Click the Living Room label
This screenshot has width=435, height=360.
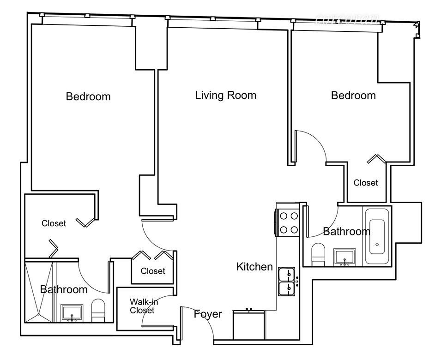pyautogui.click(x=225, y=96)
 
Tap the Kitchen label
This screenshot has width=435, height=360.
pyautogui.click(x=254, y=266)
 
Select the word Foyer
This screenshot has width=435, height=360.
pyautogui.click(x=208, y=314)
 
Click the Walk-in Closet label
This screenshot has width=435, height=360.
pyautogui.click(x=142, y=306)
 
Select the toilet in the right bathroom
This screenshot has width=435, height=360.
pyautogui.click(x=319, y=255)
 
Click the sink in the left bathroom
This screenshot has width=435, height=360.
pyautogui.click(x=72, y=313)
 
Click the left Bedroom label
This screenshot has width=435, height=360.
pyautogui.click(x=88, y=96)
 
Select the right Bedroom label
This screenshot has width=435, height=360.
pyautogui.click(x=353, y=96)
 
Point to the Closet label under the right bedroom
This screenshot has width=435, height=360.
pyautogui.click(x=366, y=183)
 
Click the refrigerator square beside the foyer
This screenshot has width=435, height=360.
pyautogui.click(x=249, y=326)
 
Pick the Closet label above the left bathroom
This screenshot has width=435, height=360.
pyautogui.click(x=54, y=223)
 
